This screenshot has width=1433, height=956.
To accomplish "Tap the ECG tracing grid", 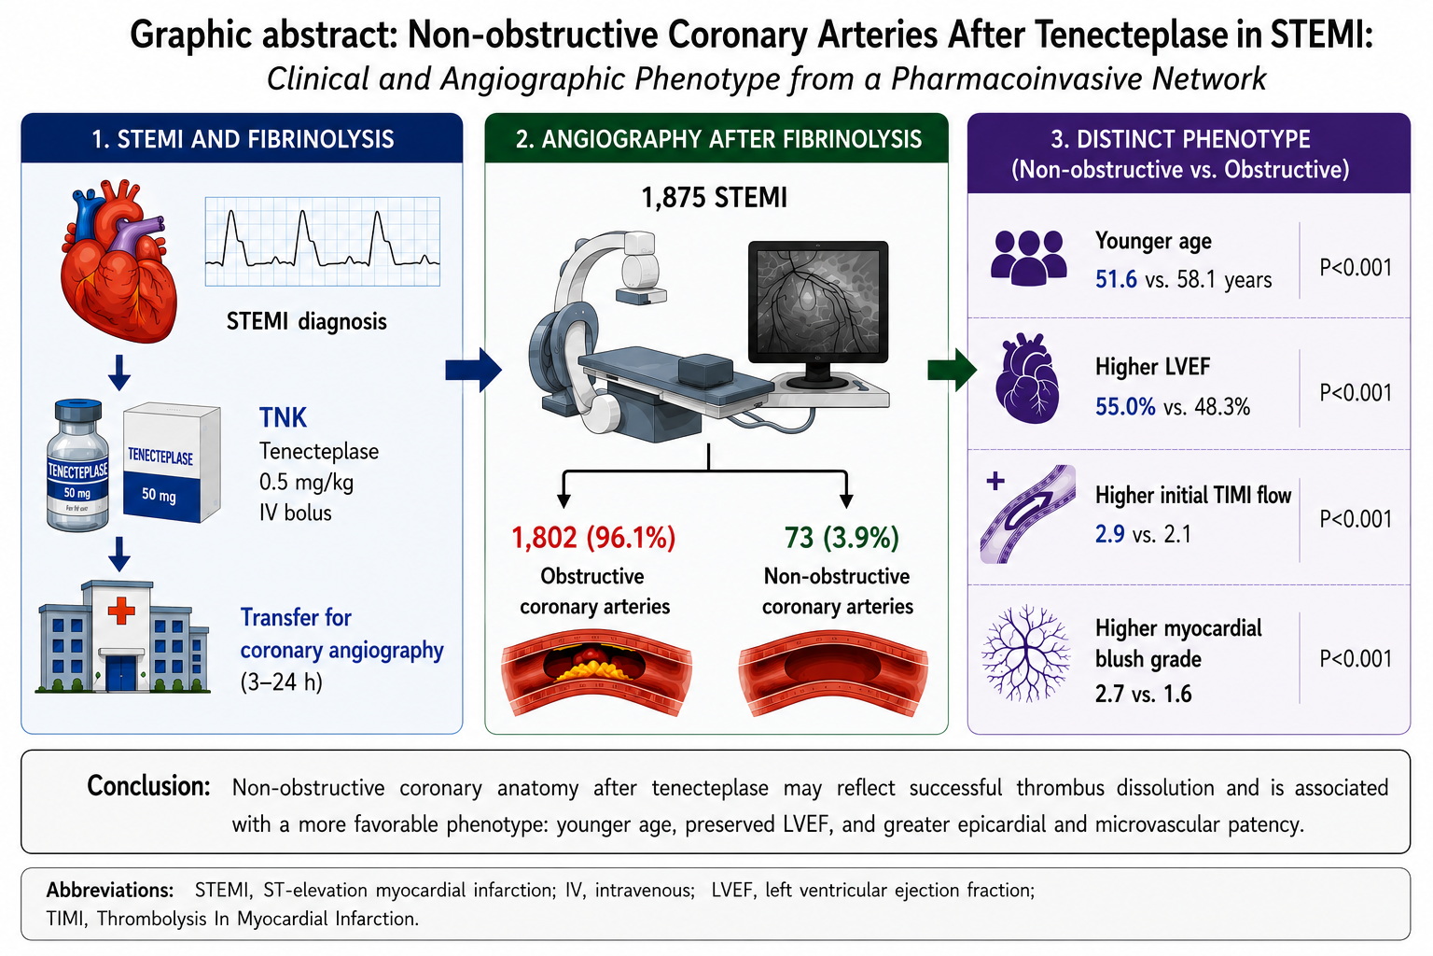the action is pyautogui.click(x=323, y=242).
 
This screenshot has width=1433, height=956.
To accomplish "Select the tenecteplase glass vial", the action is pyautogui.click(x=78, y=465).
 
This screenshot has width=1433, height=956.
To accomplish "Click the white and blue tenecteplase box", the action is pyautogui.click(x=172, y=462).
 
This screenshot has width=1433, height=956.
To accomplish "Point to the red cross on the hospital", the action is pyautogui.click(x=121, y=611).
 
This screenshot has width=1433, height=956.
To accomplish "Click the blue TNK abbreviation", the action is pyautogui.click(x=283, y=417).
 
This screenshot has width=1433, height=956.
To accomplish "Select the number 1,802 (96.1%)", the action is pyautogui.click(x=593, y=537).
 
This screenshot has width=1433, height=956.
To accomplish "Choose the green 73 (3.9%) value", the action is pyautogui.click(x=842, y=537).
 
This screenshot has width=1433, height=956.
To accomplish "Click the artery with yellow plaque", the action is pyautogui.click(x=596, y=671).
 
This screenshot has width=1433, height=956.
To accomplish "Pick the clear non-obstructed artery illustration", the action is pyautogui.click(x=833, y=671).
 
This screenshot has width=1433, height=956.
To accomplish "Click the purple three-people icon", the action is pyautogui.click(x=1029, y=258).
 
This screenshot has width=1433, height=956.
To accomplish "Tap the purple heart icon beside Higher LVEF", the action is pyautogui.click(x=1027, y=378).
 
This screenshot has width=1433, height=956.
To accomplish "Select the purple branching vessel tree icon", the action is pyautogui.click(x=1026, y=653).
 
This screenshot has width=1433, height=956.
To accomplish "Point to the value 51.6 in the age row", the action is pyautogui.click(x=1116, y=280).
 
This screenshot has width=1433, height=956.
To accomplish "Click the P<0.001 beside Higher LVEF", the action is pyautogui.click(x=1356, y=392).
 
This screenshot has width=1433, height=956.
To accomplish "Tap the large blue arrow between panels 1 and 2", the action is pyautogui.click(x=473, y=370).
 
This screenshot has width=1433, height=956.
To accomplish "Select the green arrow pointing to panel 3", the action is pyautogui.click(x=952, y=370).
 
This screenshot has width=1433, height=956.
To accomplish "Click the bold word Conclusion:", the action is pyautogui.click(x=148, y=786).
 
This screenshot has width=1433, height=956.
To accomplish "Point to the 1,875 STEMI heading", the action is pyautogui.click(x=714, y=197).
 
